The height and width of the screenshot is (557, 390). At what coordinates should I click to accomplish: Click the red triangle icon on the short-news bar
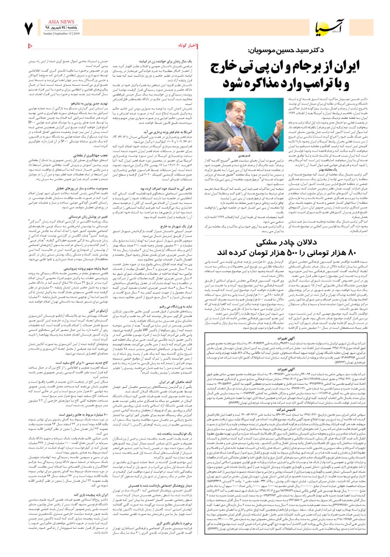click(31, 45)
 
